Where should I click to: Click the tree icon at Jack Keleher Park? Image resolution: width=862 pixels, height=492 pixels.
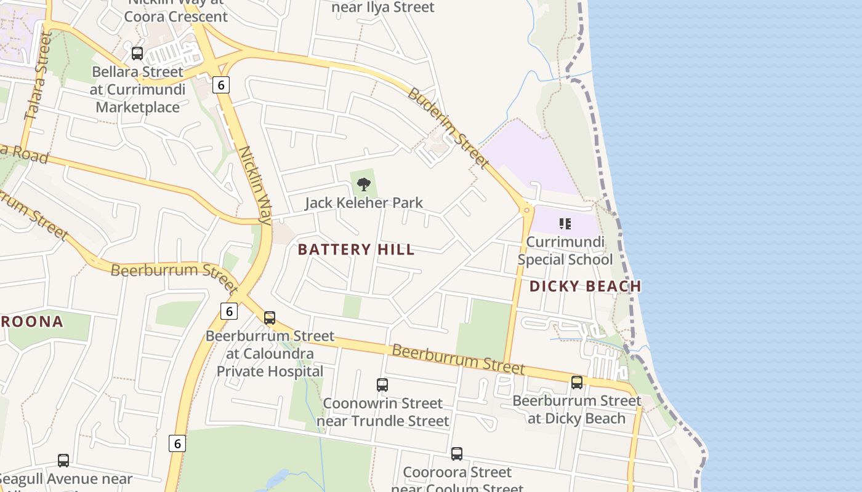(x=364, y=184)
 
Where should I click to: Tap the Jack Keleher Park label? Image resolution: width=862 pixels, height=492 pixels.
(x=364, y=202)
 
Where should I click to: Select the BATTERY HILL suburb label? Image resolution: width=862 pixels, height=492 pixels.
(x=356, y=250)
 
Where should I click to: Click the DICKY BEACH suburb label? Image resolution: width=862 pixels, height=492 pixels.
(x=585, y=286)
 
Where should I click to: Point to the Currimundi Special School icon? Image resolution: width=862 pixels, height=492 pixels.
(x=565, y=224)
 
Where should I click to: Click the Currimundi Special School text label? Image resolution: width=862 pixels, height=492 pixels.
(x=565, y=250)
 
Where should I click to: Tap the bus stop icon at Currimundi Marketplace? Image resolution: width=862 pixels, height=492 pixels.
(x=137, y=54)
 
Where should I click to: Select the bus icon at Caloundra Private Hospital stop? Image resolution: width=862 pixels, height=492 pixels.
(x=270, y=318)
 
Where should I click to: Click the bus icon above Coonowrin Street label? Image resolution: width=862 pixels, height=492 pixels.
(x=382, y=385)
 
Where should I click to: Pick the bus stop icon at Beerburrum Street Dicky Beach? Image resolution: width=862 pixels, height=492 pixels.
(x=577, y=383)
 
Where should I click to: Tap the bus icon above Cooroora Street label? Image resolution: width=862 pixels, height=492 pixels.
(x=457, y=454)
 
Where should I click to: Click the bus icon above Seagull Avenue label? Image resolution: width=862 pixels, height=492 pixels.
(x=63, y=460)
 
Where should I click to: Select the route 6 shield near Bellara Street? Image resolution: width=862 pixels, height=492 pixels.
(x=220, y=84)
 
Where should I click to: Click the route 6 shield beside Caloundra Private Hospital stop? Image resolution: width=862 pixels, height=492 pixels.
(x=229, y=311)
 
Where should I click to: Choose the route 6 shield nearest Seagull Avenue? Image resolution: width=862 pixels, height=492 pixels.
(x=177, y=443)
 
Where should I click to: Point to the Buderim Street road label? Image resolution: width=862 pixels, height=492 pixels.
(x=448, y=129)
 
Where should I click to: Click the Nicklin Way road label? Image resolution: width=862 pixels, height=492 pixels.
(x=256, y=184)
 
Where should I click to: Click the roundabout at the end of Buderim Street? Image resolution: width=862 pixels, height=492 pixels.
(x=526, y=210)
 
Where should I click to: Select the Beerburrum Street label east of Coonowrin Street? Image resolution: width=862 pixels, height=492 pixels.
(x=458, y=360)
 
